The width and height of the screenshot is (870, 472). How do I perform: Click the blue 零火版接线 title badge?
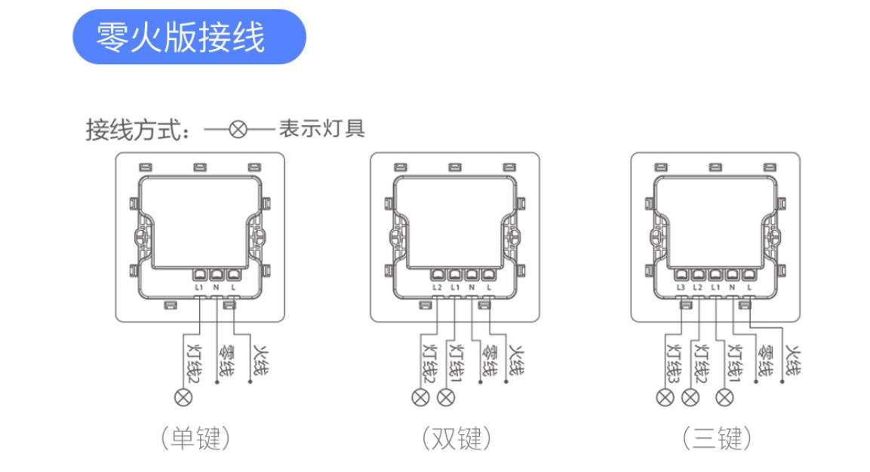pos(189,37)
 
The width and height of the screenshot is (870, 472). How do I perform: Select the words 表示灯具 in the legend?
pos(322,129)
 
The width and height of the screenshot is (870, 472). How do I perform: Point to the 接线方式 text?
pos(134,130)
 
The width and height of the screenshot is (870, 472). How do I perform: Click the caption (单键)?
pos(195,438)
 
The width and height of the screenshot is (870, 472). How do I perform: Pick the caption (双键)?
pos(456,438)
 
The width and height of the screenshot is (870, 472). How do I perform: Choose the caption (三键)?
pos(717,438)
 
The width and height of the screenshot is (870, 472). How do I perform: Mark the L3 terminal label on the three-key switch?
pos(681,287)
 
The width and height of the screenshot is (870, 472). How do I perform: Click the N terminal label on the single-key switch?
pos(217,287)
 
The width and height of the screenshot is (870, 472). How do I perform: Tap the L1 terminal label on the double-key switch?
pos(455,287)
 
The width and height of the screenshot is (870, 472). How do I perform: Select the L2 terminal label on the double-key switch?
pos(438,287)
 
